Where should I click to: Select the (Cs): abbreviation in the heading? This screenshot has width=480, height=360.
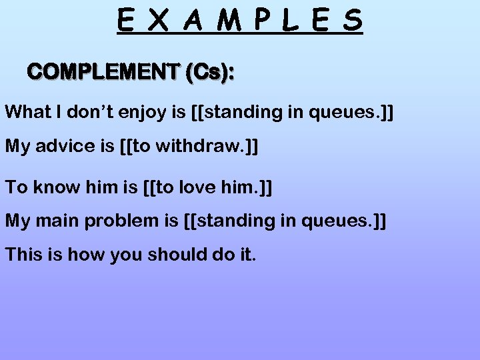(209, 73)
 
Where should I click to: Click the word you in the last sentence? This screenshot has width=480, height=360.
(127, 255)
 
